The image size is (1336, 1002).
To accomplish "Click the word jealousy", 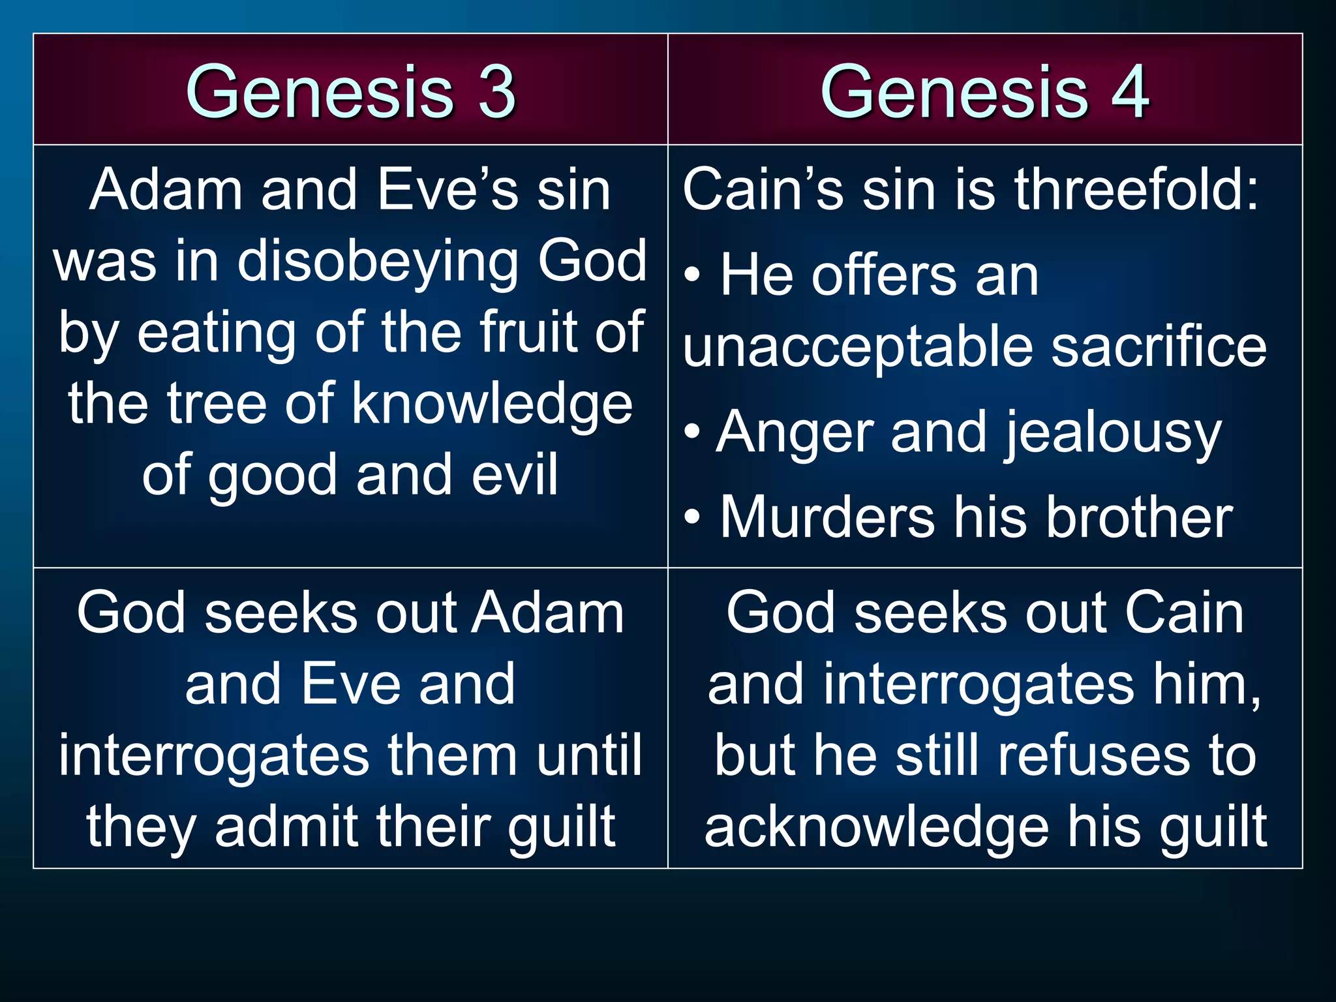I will [1112, 433].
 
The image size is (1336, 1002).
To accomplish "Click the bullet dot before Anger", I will [692, 432].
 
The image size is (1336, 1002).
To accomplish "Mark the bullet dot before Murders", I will [692, 517].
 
